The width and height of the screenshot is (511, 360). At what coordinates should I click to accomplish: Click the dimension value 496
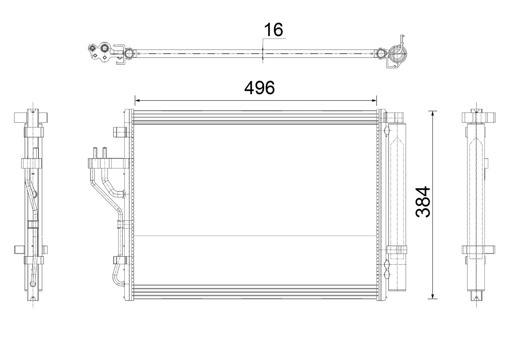[x=259, y=88]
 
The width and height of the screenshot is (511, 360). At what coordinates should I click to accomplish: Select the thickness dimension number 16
[x=273, y=30]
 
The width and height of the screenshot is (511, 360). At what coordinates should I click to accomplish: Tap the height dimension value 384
[x=423, y=202]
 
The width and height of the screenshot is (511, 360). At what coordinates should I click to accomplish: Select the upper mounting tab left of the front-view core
[x=119, y=131]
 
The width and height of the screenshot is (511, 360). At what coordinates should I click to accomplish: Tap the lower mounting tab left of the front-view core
[x=119, y=260]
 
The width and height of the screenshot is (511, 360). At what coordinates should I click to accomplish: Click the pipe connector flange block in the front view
[x=106, y=163]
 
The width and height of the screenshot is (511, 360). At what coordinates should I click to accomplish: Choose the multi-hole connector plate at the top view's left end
[x=100, y=52]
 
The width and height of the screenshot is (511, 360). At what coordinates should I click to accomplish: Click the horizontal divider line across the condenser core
[x=255, y=236]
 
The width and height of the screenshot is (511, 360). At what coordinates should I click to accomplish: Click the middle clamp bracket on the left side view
[x=32, y=163]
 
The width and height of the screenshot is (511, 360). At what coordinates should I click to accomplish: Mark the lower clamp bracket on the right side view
[x=478, y=250]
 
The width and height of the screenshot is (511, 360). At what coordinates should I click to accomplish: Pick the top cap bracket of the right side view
[x=478, y=117]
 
